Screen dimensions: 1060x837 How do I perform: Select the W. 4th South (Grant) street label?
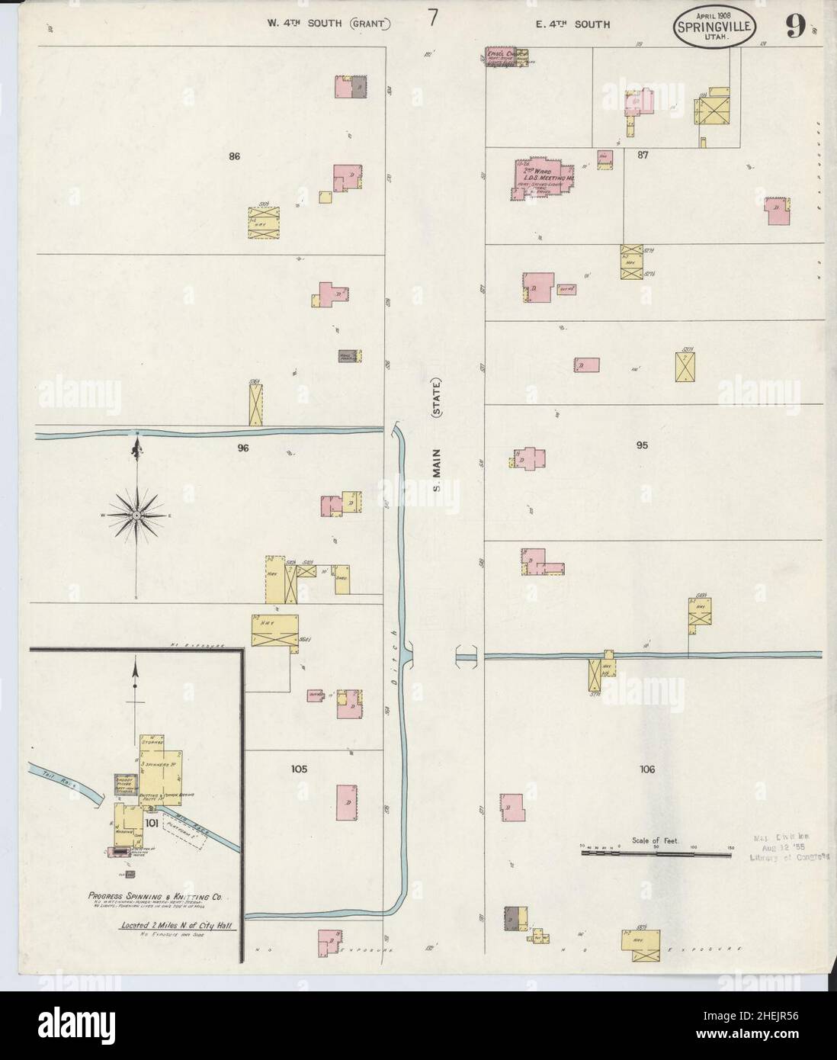[329, 24]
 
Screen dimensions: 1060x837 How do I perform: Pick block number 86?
[234, 156]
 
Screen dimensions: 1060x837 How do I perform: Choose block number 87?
[643, 154]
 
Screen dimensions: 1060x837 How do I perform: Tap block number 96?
[243, 448]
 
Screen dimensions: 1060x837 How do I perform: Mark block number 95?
[642, 445]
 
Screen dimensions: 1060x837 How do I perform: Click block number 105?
[299, 769]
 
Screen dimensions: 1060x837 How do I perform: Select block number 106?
[647, 769]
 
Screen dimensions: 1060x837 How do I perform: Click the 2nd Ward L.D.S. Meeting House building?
[540, 181]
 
